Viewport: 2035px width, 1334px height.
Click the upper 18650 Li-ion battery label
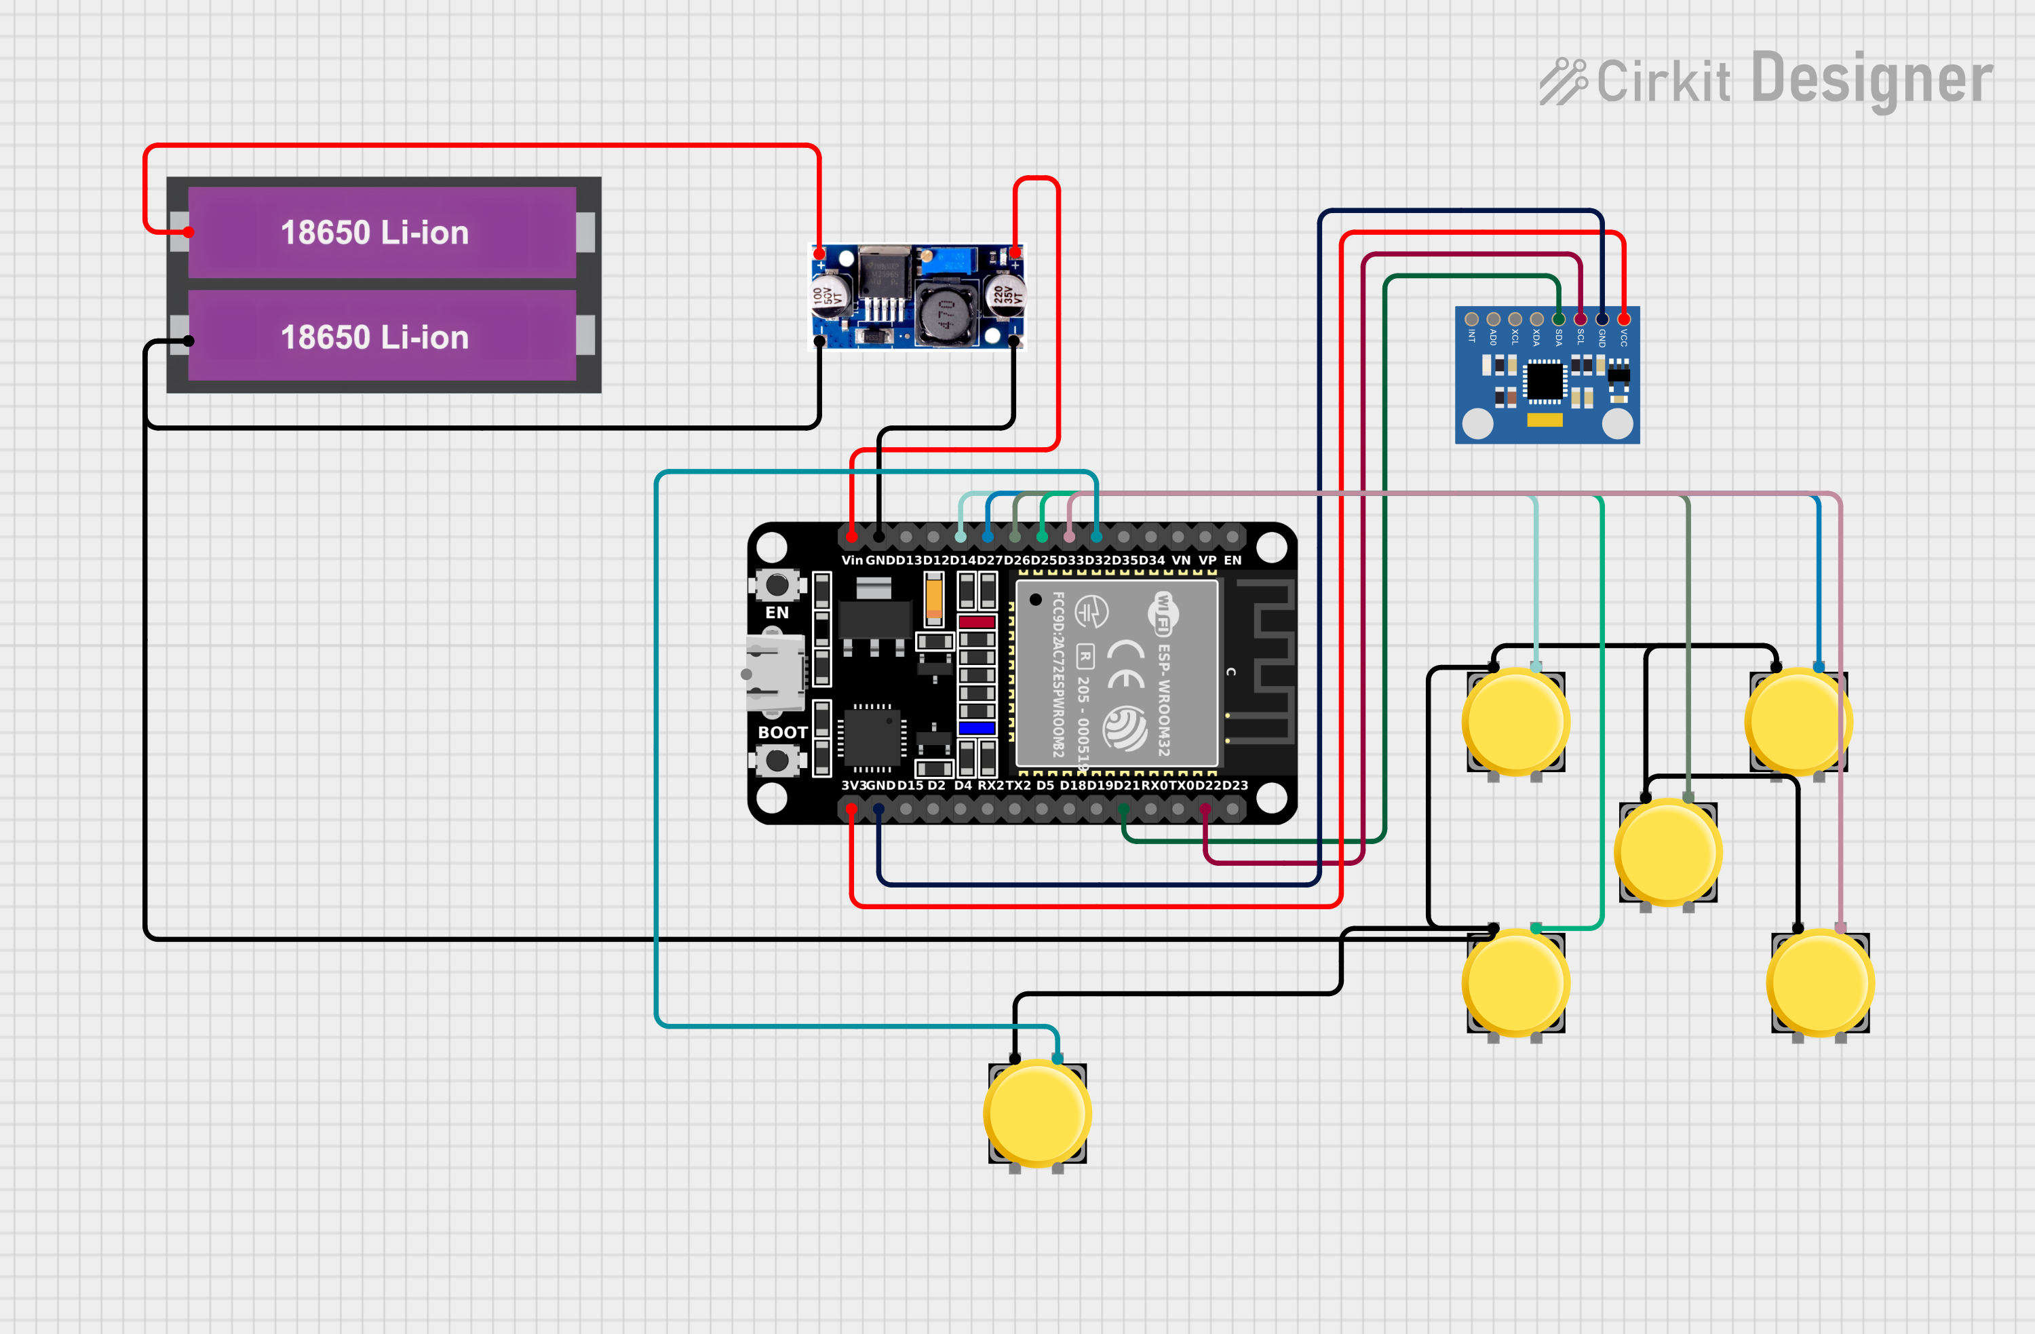[374, 233]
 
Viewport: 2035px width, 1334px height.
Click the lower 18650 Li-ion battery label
[374, 337]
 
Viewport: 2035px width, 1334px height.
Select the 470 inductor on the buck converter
[945, 315]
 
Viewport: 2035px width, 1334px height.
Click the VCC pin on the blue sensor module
[1623, 319]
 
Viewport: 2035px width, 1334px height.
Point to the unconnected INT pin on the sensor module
[1471, 319]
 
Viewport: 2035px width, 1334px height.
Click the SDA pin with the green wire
[1558, 319]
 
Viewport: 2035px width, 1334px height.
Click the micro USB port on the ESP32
[775, 674]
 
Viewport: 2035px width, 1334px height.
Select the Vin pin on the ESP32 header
[851, 537]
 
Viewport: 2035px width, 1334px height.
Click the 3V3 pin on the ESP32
[851, 808]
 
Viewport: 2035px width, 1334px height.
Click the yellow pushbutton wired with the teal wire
[1037, 1113]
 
